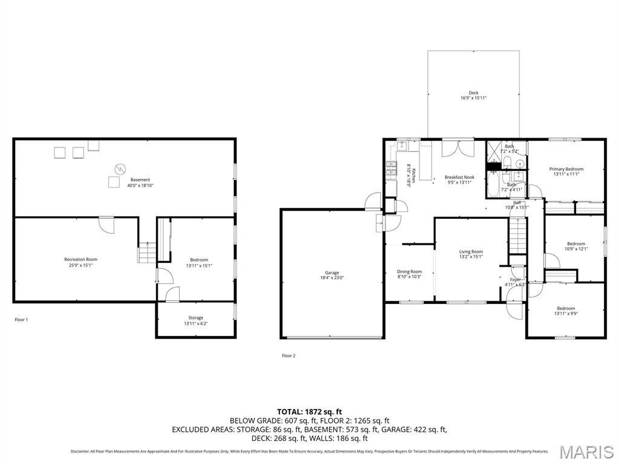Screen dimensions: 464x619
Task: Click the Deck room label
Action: click(x=473, y=93)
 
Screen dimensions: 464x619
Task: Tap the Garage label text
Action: click(x=332, y=272)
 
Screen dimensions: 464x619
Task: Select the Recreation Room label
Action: click(x=80, y=259)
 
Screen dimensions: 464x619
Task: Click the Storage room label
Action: click(x=195, y=318)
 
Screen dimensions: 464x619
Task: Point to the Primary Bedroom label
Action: click(x=566, y=169)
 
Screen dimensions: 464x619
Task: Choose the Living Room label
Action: click(x=471, y=252)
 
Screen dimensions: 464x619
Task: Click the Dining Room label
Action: click(x=409, y=272)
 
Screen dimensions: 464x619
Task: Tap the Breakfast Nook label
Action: click(x=459, y=178)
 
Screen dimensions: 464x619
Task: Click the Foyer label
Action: click(x=515, y=280)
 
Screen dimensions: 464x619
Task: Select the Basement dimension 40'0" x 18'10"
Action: click(x=140, y=186)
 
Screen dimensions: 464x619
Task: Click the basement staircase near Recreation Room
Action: click(x=147, y=253)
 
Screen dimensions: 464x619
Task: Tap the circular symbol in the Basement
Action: click(x=120, y=168)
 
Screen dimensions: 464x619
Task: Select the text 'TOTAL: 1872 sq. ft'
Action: click(x=309, y=411)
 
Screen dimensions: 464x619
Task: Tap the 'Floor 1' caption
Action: click(x=21, y=320)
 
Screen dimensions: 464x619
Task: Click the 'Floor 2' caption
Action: click(x=288, y=356)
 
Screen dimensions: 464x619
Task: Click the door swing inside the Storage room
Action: click(x=172, y=295)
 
